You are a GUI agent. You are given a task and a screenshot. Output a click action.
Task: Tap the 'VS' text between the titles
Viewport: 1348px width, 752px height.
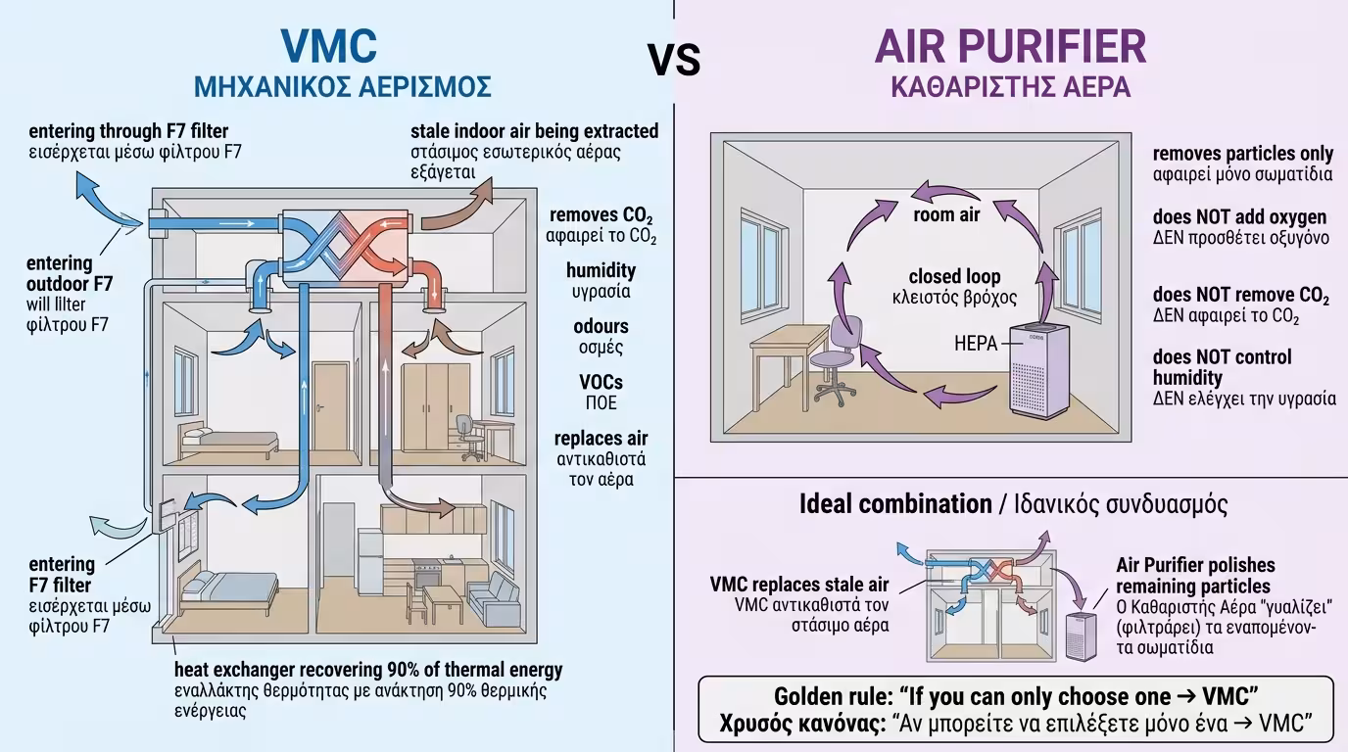[674, 60]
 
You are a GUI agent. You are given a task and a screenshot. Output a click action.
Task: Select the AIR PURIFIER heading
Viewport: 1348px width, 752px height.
[1010, 47]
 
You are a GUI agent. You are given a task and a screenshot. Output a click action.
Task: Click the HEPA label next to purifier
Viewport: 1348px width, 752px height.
[975, 344]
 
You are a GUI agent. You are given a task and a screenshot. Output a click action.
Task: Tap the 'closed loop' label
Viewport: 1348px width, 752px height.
[954, 277]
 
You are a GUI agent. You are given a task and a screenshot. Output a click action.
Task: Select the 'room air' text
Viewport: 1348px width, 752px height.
[946, 214]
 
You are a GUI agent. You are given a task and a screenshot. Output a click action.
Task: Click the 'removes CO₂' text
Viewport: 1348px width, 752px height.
[601, 215]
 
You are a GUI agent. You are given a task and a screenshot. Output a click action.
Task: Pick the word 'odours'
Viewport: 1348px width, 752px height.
[601, 326]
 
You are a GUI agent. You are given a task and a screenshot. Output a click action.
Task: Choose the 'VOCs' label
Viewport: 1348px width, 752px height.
[601, 382]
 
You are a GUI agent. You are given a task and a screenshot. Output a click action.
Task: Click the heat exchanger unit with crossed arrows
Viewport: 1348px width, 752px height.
[343, 246]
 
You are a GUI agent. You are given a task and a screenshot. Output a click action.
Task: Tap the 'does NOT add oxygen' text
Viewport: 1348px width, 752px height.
[1239, 216]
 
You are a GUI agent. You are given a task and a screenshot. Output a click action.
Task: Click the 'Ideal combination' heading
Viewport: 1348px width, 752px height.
[895, 504]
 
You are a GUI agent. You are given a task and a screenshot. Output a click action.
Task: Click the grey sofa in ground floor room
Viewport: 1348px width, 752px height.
[493, 596]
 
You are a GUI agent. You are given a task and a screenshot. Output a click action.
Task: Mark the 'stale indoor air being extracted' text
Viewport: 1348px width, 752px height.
[534, 131]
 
